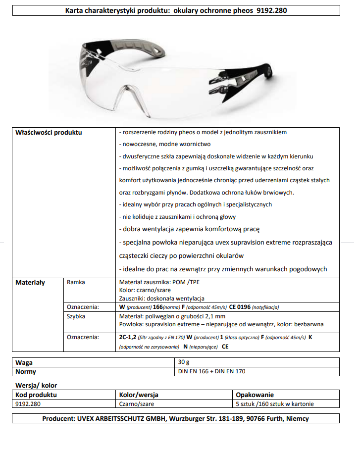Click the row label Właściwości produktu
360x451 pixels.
click(49, 133)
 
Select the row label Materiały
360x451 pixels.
click(30, 283)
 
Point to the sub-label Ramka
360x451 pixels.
click(76, 282)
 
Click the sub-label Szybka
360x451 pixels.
click(76, 316)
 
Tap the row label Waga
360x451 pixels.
click(24, 363)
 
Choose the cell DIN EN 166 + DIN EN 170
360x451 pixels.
click(211, 371)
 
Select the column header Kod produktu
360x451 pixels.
click(36, 395)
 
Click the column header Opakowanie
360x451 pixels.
click(255, 395)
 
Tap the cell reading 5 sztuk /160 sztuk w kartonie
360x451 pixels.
click(274, 404)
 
